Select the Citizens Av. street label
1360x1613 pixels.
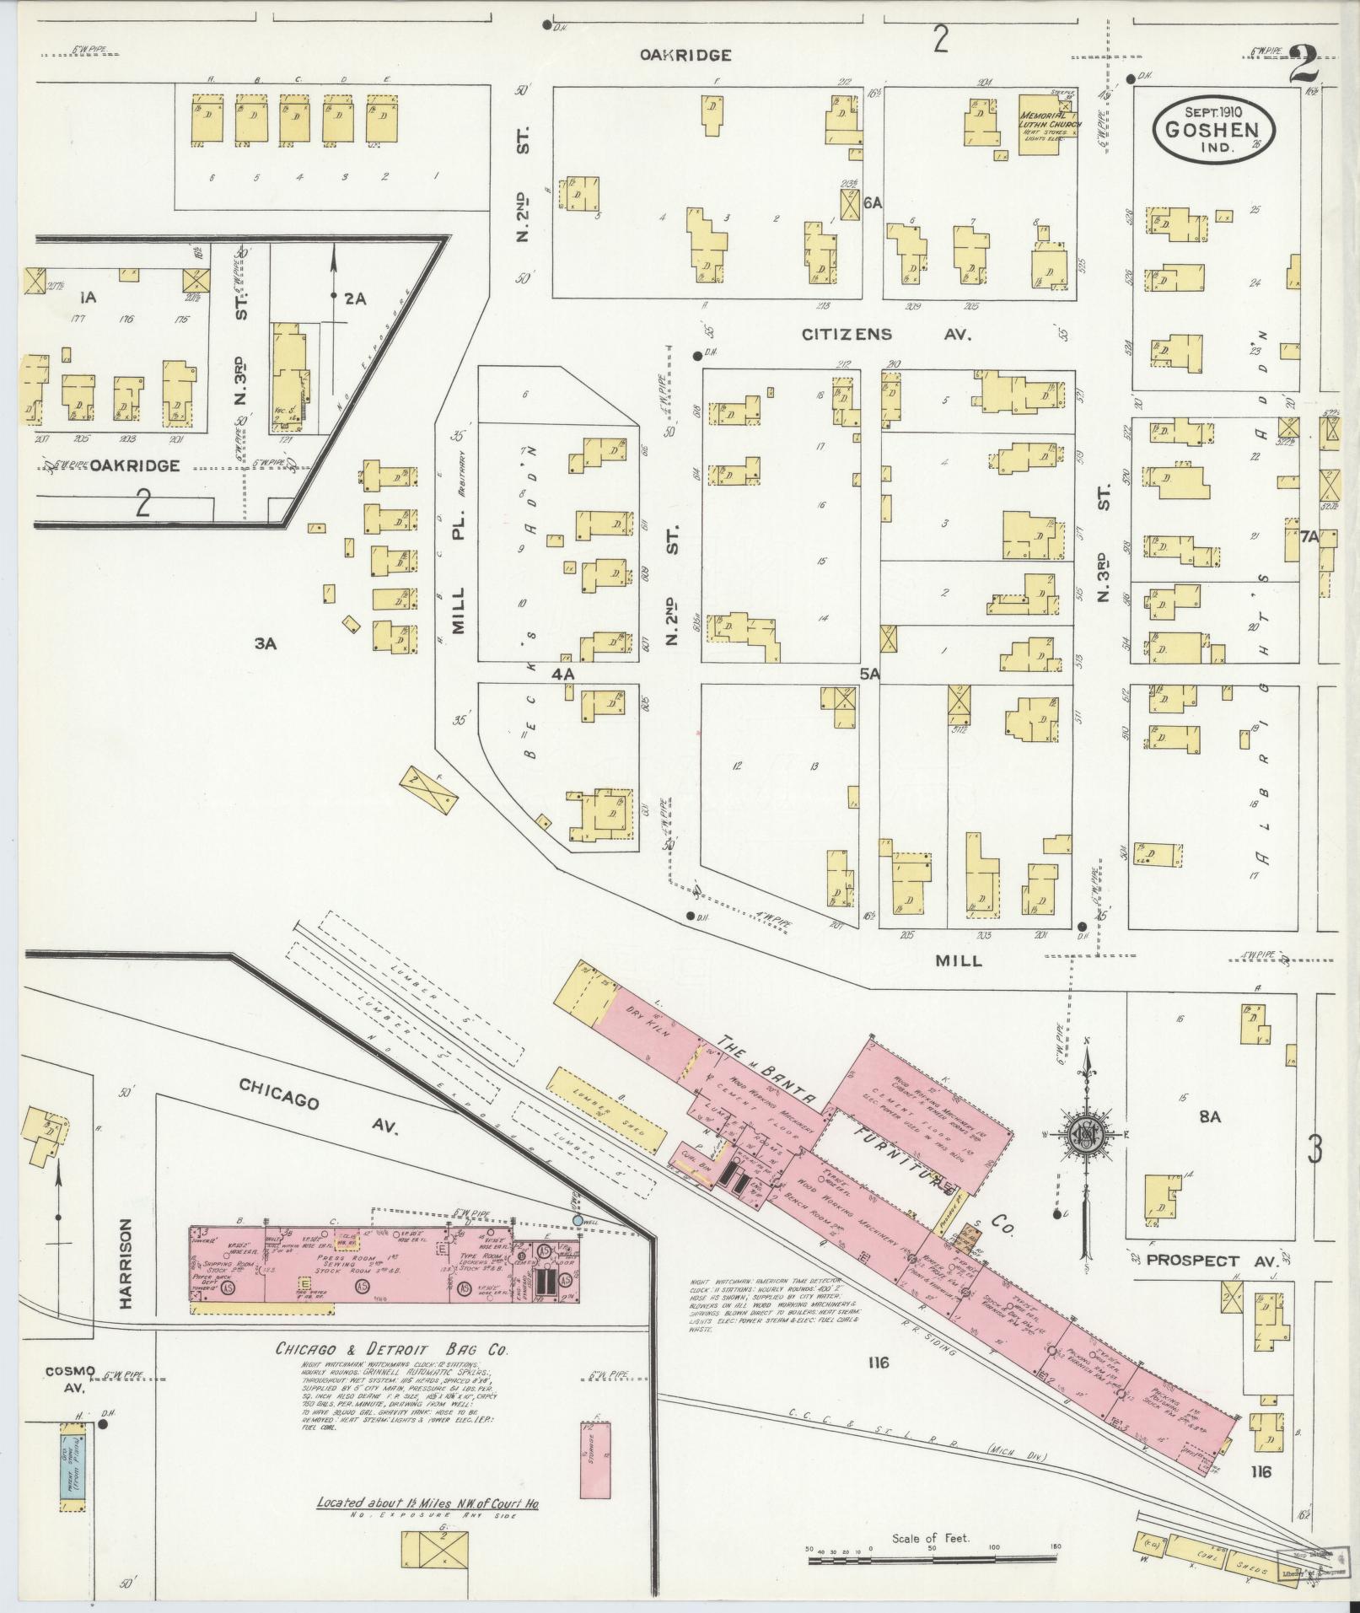(886, 335)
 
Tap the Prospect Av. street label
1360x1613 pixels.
(1206, 1261)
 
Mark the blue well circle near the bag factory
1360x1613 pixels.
(578, 1220)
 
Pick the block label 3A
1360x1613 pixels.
(266, 644)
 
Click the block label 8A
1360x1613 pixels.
(1210, 1117)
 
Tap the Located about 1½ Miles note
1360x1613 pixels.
(427, 1503)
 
